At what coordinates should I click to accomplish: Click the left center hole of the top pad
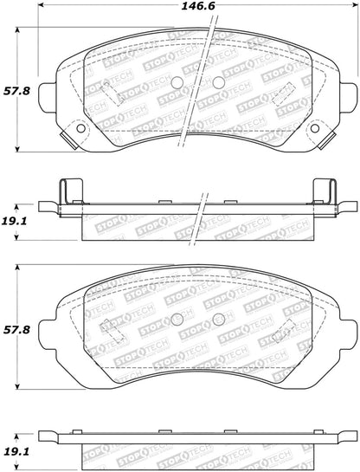coord(178,82)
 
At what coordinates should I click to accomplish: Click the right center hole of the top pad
coord(218,82)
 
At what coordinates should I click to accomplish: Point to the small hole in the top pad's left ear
coord(82,129)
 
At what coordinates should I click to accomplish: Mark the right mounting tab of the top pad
coord(349,92)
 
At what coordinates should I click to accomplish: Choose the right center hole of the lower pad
coord(218,317)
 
